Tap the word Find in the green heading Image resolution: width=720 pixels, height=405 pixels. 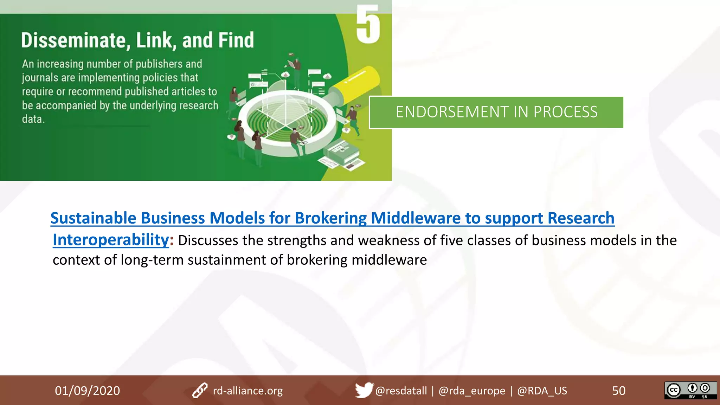(x=235, y=40)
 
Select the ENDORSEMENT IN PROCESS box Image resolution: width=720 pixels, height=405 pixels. (x=496, y=112)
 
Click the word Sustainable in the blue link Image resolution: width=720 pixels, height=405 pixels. (x=93, y=218)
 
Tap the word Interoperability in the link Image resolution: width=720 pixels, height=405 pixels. (x=111, y=240)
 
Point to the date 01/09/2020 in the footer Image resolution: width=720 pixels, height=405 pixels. (x=87, y=391)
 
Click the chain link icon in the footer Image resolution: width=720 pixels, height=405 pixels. (x=200, y=391)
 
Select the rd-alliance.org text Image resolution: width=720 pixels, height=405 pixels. (x=247, y=391)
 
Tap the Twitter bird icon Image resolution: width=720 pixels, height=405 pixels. (x=364, y=390)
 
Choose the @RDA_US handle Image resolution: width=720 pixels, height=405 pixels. (x=542, y=391)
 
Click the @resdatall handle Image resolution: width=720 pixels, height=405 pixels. (x=401, y=391)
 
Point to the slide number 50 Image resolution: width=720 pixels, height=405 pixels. (x=619, y=391)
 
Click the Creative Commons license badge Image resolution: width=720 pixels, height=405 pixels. (x=690, y=390)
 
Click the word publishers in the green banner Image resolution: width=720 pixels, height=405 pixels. (x=159, y=64)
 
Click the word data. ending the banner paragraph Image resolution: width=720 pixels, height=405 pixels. (x=33, y=119)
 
